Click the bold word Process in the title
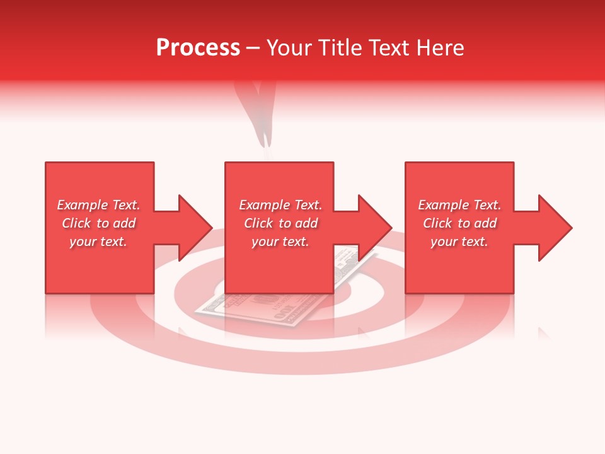pyautogui.click(x=198, y=48)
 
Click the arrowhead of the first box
pyautogui.click(x=195, y=228)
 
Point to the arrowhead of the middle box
pyautogui.click(x=375, y=228)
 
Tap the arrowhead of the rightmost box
pyautogui.click(x=555, y=228)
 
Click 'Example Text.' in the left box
pyautogui.click(x=98, y=205)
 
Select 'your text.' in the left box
pyautogui.click(x=98, y=242)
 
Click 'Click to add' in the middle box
pyautogui.click(x=280, y=223)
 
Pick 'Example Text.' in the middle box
pyautogui.click(x=280, y=205)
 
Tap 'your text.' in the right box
pyautogui.click(x=459, y=242)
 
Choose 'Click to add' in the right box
pyautogui.click(x=459, y=223)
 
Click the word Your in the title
pyautogui.click(x=289, y=48)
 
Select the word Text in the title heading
pyautogui.click(x=389, y=48)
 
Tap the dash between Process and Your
pyautogui.click(x=253, y=49)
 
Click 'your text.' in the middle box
pyautogui.click(x=280, y=242)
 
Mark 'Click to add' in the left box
pyautogui.click(x=98, y=223)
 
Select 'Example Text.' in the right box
pyautogui.click(x=459, y=205)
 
